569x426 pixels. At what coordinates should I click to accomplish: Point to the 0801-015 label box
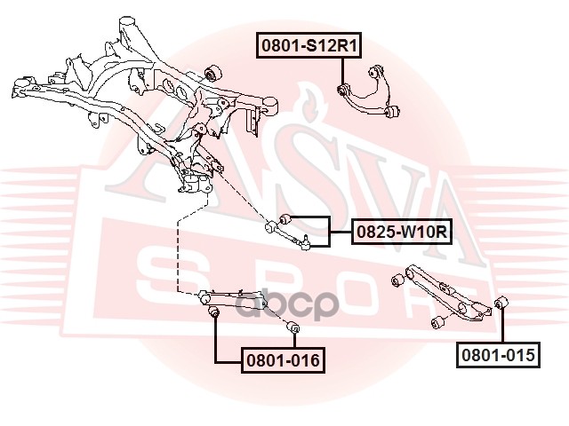498,356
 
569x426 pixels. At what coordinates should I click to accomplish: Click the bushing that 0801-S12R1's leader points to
347,89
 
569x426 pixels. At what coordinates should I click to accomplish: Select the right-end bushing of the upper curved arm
396,111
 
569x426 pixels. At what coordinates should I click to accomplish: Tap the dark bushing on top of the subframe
212,71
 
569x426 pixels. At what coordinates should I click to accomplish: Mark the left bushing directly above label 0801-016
213,312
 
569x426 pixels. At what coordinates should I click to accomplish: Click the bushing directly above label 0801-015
500,304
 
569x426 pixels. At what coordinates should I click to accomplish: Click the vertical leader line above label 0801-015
501,328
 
